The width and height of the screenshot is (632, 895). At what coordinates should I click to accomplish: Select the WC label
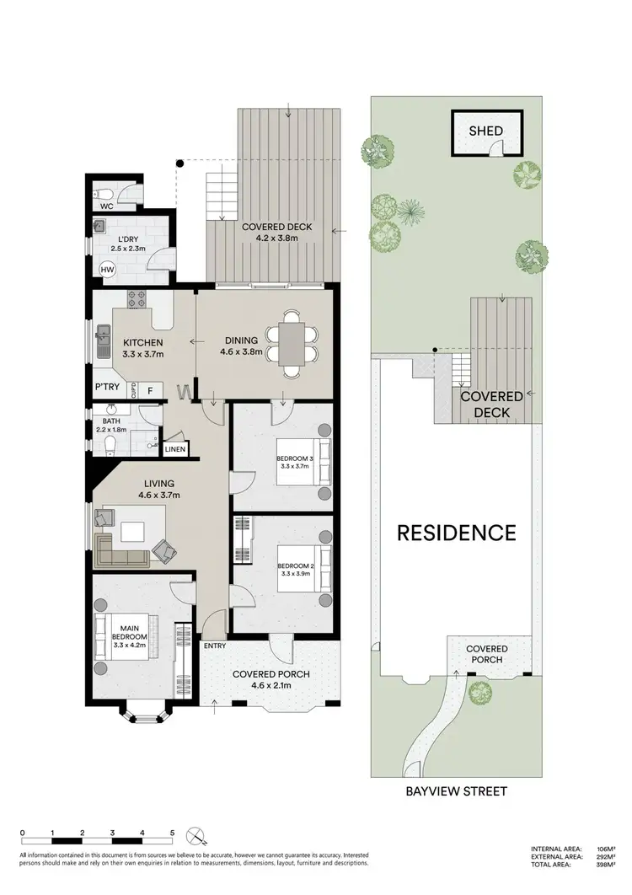(x=107, y=206)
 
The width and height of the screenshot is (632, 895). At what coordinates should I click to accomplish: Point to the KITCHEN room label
(x=142, y=343)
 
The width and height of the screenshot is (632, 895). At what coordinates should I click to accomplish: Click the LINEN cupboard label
(x=174, y=449)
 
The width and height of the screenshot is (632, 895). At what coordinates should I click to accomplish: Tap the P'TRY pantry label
(x=106, y=389)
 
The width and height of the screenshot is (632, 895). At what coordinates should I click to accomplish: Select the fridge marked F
(x=151, y=389)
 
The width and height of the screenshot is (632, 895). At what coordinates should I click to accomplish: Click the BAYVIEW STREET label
(x=456, y=791)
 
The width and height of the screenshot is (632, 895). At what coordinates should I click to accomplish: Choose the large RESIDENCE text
(x=456, y=533)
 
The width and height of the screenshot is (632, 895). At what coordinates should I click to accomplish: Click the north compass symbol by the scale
(x=197, y=837)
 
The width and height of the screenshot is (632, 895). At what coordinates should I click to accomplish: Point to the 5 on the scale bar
(x=172, y=833)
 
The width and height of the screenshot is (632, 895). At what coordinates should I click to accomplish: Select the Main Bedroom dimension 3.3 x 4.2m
(x=131, y=647)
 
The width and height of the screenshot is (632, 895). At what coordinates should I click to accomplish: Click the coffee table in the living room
(x=131, y=533)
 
